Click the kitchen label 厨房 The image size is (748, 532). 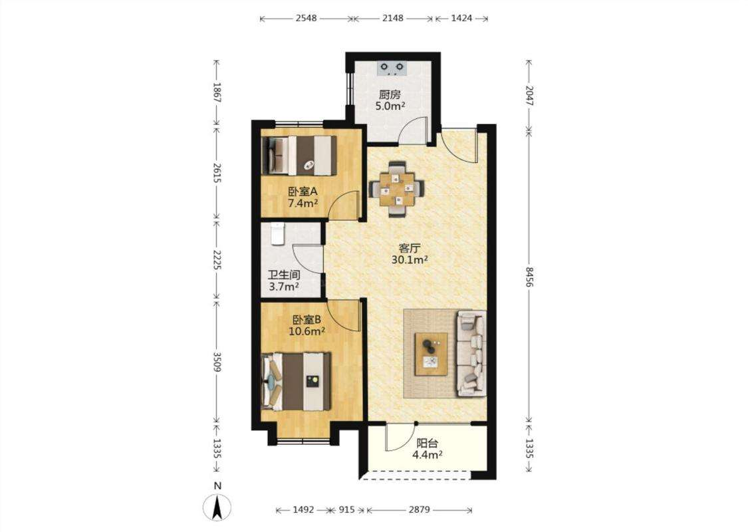(x=390, y=94)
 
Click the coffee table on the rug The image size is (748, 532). (x=432, y=354)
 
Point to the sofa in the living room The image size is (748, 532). (x=472, y=354)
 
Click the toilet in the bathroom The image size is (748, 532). (x=277, y=234)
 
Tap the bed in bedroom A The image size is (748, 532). (x=299, y=156)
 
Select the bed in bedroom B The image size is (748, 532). (x=297, y=382)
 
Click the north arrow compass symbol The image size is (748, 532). (x=217, y=506)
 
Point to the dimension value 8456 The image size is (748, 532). (x=529, y=277)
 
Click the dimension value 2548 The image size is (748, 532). (x=307, y=18)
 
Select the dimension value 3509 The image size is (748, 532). (x=217, y=362)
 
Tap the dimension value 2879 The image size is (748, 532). (x=420, y=509)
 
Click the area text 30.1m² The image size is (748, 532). (x=410, y=260)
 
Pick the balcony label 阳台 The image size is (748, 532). (x=427, y=444)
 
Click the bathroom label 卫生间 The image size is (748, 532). (x=284, y=275)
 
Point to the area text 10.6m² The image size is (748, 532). (x=307, y=331)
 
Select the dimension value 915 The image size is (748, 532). (x=347, y=509)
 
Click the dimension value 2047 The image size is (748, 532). (x=529, y=95)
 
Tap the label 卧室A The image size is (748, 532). (x=303, y=192)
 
